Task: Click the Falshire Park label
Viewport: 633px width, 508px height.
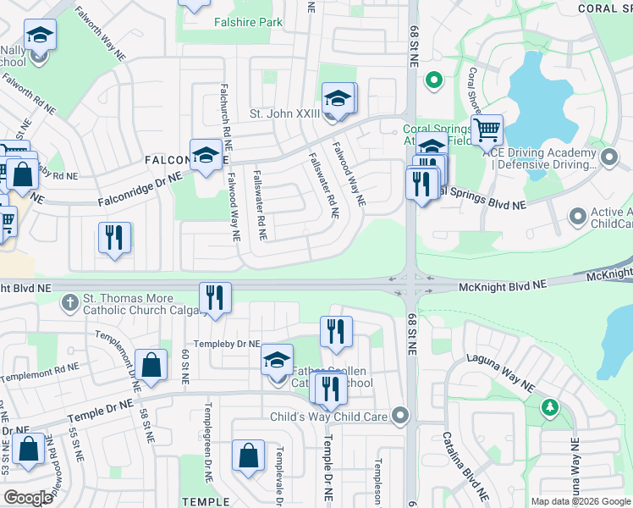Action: [248, 22]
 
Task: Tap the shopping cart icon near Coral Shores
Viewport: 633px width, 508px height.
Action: [487, 131]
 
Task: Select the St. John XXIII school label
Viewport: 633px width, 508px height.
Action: [283, 113]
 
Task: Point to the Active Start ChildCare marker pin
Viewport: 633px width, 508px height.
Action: [578, 218]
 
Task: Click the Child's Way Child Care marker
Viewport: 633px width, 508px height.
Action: [401, 416]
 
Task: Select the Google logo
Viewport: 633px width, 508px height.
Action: [29, 497]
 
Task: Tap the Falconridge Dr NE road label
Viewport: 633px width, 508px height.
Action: [140, 190]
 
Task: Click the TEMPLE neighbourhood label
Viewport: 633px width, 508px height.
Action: [206, 501]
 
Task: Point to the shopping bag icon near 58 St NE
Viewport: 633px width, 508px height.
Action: [150, 366]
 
